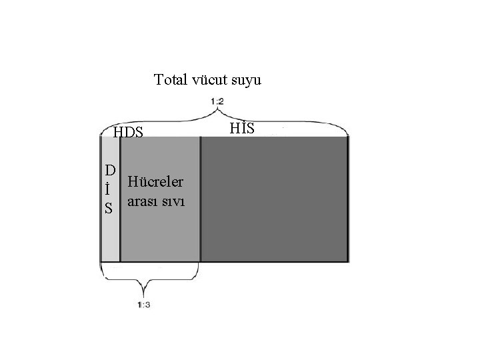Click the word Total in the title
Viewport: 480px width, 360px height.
170,81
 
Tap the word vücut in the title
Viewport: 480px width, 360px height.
210,81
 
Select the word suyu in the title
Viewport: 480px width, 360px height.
247,81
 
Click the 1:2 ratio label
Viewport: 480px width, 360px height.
216,101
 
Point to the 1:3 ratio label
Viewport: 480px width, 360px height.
143,305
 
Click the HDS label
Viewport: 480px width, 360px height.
128,132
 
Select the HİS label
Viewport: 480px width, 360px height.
242,127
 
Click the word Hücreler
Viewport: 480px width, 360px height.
159,181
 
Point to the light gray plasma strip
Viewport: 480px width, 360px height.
110,240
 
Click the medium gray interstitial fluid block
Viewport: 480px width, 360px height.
160,233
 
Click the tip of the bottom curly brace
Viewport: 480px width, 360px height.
143,294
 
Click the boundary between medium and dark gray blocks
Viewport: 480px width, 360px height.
200,200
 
